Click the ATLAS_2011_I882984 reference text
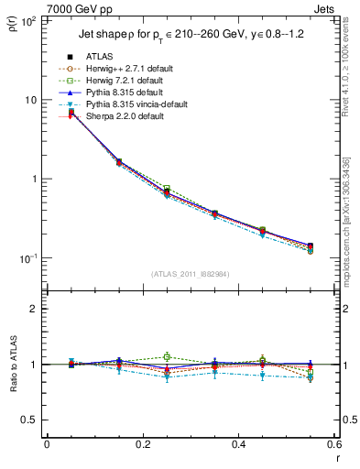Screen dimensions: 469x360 pyautogui.click(x=189, y=274)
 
